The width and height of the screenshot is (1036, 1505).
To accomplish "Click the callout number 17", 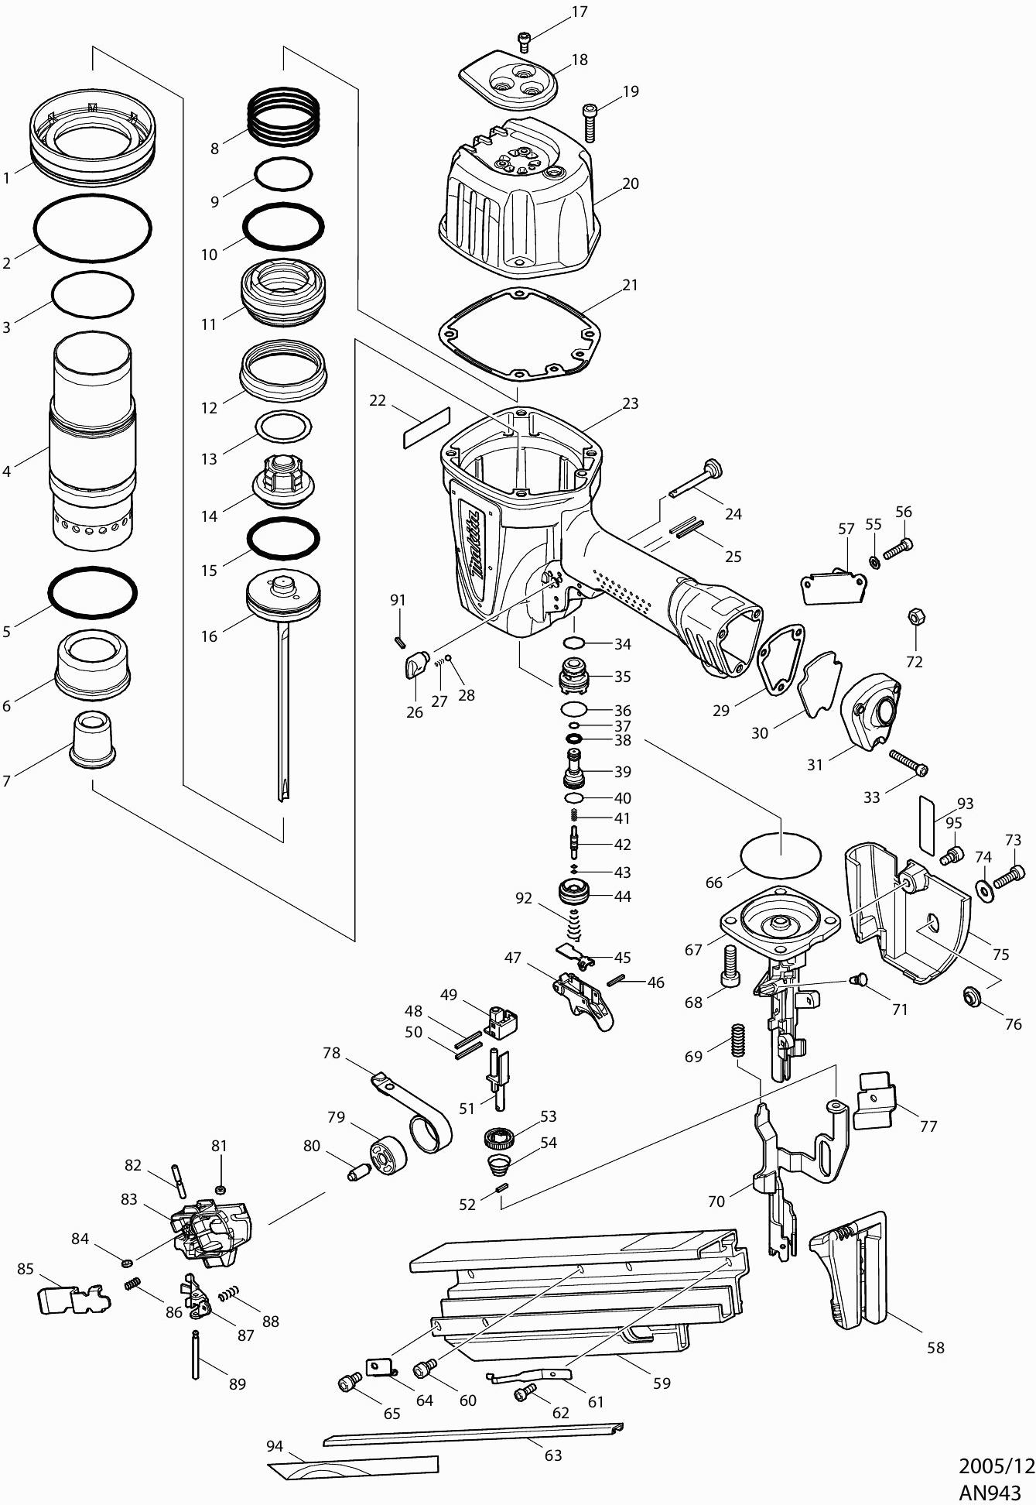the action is (579, 12).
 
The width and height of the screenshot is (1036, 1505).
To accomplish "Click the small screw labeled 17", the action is (525, 39).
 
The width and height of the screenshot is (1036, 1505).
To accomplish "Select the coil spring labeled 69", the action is (737, 1039).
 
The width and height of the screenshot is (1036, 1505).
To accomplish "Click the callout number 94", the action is (275, 1445).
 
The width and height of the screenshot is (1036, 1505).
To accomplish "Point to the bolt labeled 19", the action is (590, 122).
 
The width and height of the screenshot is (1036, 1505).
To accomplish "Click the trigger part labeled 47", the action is (582, 999).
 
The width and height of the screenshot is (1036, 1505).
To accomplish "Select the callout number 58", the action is (935, 1348).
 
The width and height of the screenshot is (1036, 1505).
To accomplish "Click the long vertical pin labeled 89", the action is (196, 1354).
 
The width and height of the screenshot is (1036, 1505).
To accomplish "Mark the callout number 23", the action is (630, 403).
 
